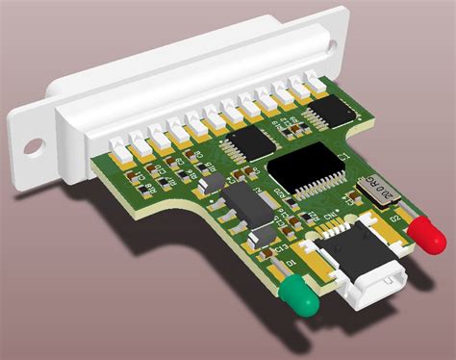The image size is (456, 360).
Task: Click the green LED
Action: [x=300, y=297]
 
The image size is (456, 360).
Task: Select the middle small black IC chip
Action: [x=247, y=143]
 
